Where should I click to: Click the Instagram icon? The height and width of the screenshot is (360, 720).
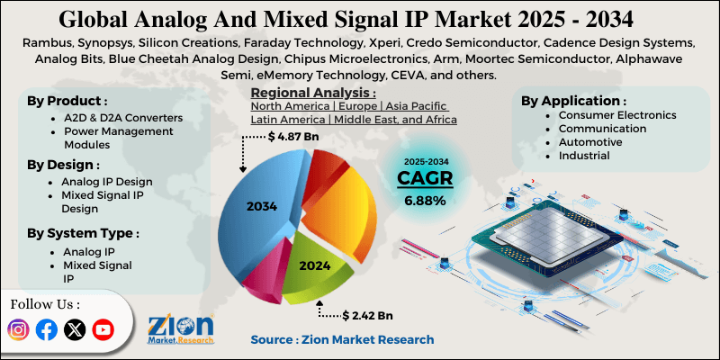[19, 330]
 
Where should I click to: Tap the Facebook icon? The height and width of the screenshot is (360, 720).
[47, 330]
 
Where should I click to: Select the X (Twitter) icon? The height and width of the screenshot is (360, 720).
[75, 330]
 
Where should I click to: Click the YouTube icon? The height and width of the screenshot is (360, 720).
[103, 330]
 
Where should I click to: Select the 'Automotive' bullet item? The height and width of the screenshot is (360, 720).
[589, 142]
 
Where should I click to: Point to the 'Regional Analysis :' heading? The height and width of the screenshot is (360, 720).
[312, 93]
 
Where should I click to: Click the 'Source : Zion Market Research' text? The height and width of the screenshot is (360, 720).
[342, 339]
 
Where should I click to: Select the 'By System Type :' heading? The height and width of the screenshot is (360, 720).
[82, 233]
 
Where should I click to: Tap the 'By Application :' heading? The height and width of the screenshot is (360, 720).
[573, 101]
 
